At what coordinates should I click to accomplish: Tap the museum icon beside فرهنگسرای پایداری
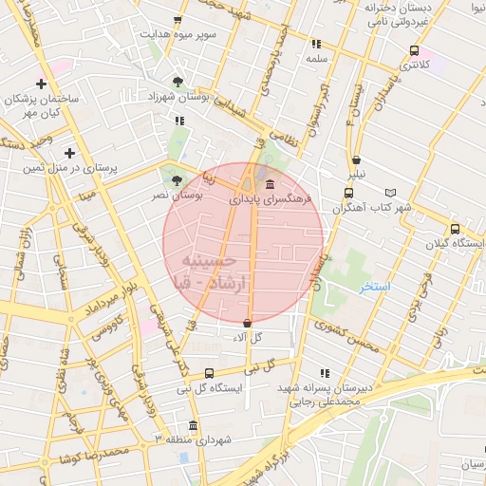point(271,184)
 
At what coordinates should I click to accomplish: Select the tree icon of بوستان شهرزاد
point(179,82)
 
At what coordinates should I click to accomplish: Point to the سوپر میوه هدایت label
point(180,34)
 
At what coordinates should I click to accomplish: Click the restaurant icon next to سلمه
point(316,44)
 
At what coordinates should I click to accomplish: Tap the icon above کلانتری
point(414,51)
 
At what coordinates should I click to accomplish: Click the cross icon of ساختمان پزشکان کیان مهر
point(40,84)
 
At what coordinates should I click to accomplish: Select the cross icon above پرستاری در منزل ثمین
point(69,152)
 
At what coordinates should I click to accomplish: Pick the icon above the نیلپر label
point(356,160)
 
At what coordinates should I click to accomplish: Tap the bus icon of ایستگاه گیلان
point(455,229)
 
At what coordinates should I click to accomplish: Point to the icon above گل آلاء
point(247,323)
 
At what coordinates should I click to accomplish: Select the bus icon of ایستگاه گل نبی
point(210,374)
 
